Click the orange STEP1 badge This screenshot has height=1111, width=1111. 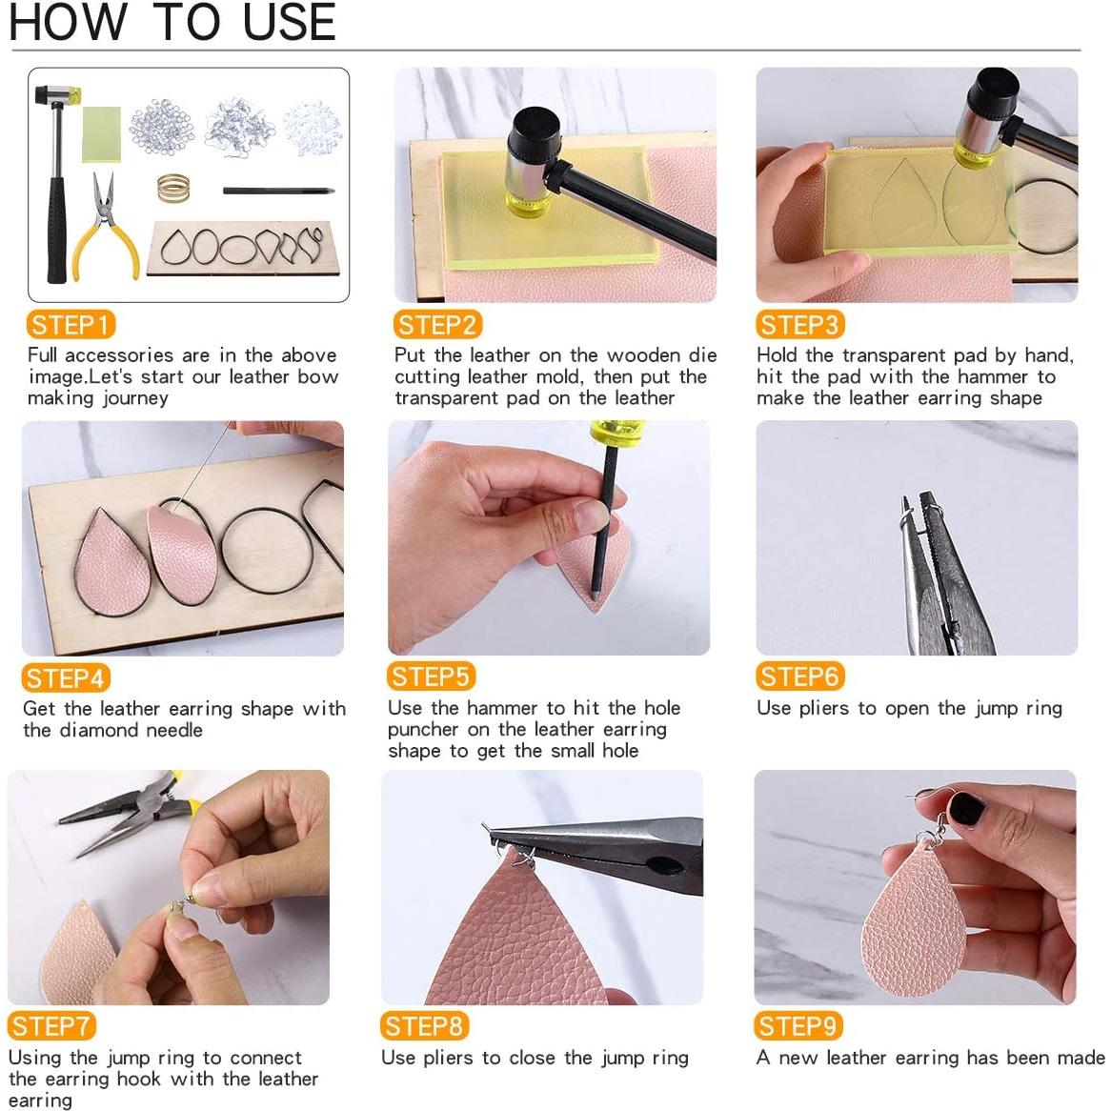[x=71, y=325]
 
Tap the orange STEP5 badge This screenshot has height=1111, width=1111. [x=431, y=677]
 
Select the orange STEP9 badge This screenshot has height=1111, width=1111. [x=798, y=1026]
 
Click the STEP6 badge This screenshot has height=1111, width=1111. [x=800, y=677]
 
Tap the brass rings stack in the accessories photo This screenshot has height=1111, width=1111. [x=173, y=189]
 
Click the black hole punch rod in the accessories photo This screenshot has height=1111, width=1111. [x=278, y=191]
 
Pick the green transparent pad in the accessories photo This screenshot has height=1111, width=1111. [x=101, y=134]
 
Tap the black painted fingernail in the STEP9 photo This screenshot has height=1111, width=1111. [x=966, y=809]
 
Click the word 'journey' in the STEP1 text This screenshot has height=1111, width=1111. [x=134, y=398]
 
